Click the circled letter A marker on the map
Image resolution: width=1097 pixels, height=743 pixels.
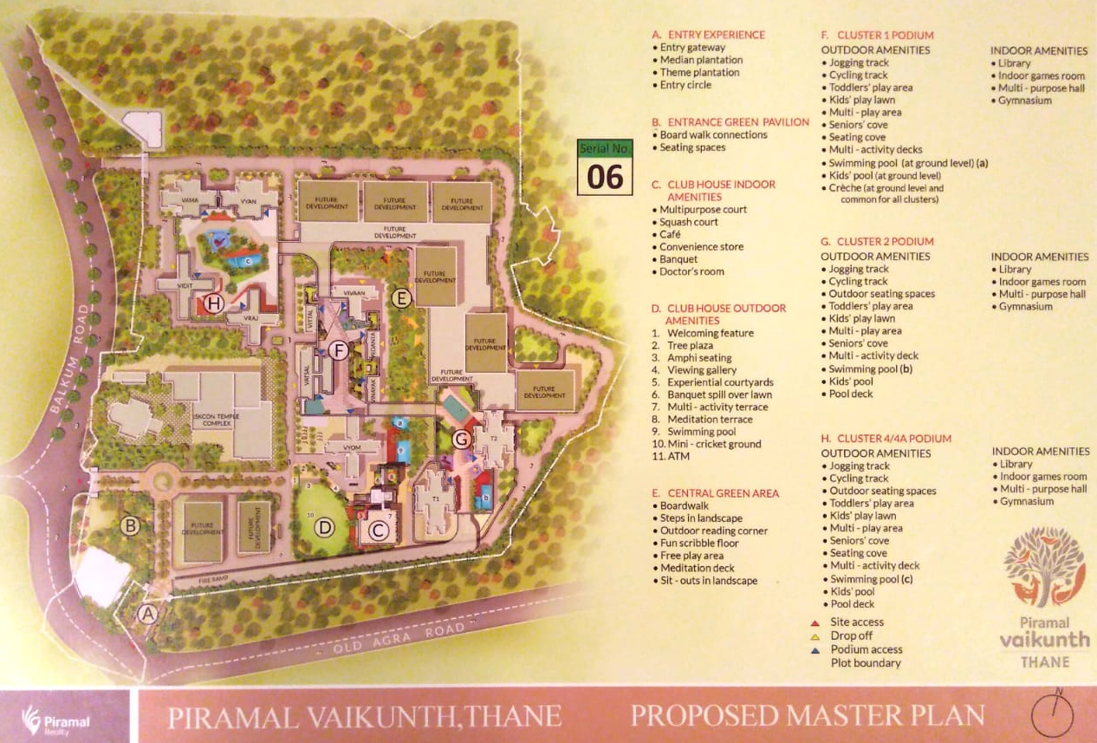(147, 615)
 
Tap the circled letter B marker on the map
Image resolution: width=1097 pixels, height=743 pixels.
(130, 525)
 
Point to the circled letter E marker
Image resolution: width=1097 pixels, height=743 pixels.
(399, 299)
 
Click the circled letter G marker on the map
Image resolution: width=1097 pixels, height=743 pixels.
(462, 440)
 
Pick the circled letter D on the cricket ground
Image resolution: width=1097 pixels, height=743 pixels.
(324, 526)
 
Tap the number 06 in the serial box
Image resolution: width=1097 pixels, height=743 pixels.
(605, 176)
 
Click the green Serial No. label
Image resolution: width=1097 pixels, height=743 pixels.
(605, 148)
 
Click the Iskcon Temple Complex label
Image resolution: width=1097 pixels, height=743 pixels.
(217, 420)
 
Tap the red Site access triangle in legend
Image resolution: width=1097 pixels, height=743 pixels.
(815, 622)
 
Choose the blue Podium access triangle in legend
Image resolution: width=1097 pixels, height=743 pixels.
(815, 650)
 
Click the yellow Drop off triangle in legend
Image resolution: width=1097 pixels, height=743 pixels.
(815, 636)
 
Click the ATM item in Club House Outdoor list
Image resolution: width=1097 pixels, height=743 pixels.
(678, 456)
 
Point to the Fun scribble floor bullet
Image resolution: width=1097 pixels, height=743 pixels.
(699, 544)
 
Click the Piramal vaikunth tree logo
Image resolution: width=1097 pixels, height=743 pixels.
(1045, 567)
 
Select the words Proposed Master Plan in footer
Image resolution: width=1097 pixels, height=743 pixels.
(808, 716)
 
